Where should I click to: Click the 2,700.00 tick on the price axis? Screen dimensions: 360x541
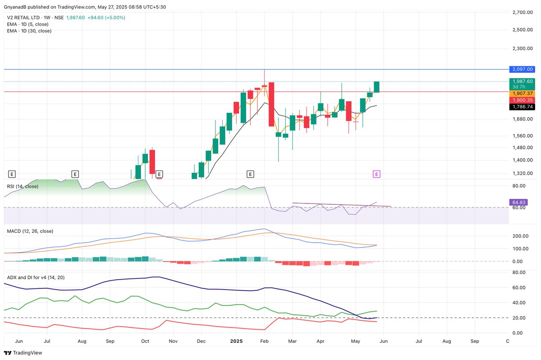(x=523, y=13)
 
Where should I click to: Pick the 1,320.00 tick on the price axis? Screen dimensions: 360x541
(x=523, y=173)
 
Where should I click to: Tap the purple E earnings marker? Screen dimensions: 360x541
(x=377, y=174)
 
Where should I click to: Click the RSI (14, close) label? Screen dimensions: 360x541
(x=23, y=186)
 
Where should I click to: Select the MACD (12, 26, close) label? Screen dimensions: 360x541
(x=30, y=231)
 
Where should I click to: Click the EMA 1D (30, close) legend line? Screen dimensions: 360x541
(x=29, y=31)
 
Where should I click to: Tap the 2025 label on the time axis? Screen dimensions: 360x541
(x=236, y=342)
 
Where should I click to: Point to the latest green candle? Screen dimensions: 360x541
(x=376, y=87)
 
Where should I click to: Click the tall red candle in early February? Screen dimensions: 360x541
(x=271, y=104)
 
